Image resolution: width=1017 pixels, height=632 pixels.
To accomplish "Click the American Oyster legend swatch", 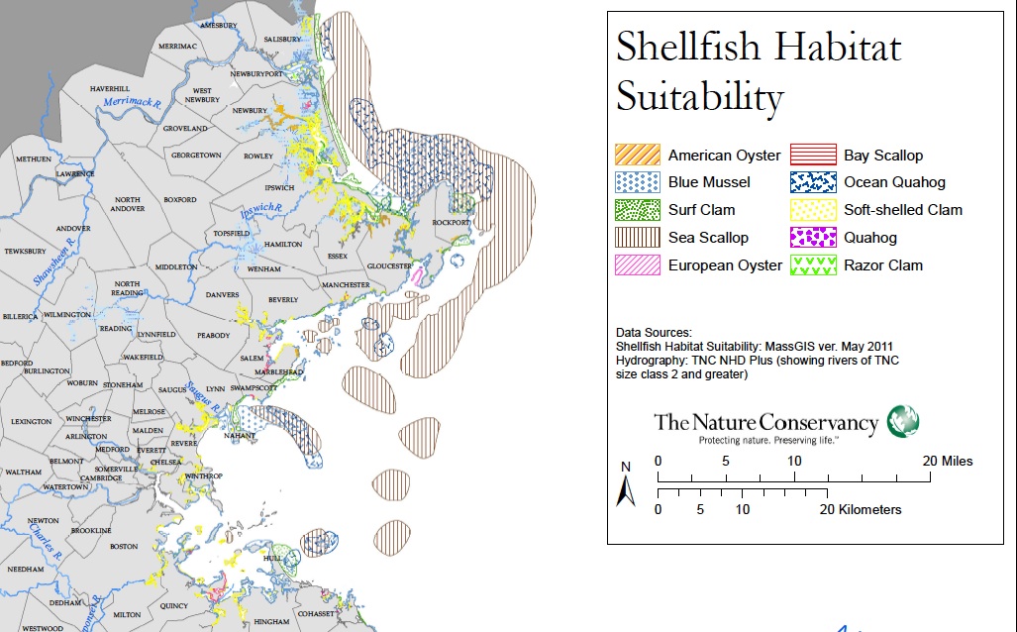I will click(636, 155).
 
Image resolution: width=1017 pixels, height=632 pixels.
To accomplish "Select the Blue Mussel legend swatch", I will click(636, 182).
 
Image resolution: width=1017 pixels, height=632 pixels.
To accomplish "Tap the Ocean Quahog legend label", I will click(894, 182).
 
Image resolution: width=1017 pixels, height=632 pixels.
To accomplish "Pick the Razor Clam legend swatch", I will click(811, 265).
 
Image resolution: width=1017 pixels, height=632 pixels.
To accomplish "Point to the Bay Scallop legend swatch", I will click(811, 155).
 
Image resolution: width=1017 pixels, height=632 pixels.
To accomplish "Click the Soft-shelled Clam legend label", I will click(902, 210).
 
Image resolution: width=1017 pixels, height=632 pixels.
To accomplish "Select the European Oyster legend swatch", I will click(636, 265).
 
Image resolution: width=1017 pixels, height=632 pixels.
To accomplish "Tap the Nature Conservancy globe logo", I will click(903, 420).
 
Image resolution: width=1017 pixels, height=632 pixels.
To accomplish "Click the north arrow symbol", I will click(626, 490).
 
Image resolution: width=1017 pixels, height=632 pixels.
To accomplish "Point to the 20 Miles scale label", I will click(948, 462).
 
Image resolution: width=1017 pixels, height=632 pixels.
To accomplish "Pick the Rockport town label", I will click(452, 223).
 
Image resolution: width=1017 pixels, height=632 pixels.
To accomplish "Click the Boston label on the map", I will click(124, 546).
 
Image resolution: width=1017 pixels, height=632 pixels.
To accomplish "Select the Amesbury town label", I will click(218, 24).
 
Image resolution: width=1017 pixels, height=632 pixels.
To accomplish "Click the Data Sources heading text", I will click(654, 333).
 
